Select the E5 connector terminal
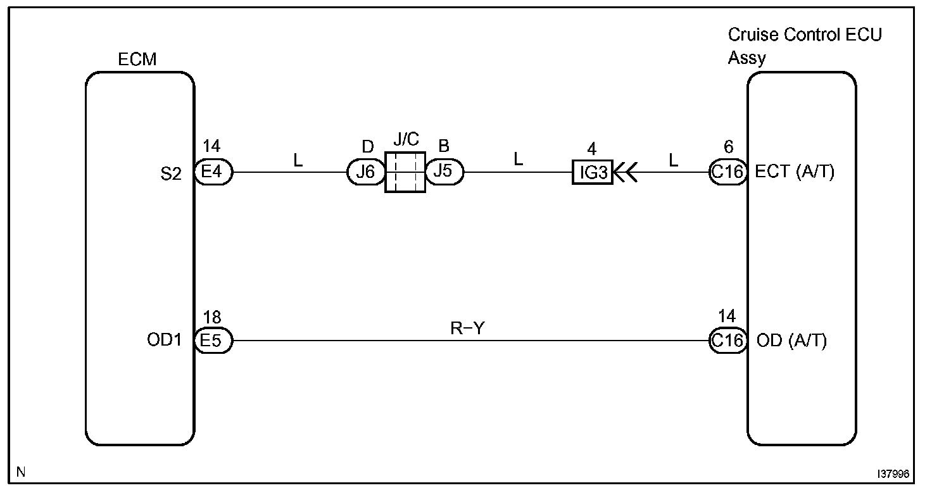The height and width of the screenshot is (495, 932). pyautogui.click(x=214, y=341)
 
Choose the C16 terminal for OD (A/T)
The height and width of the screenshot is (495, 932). pyautogui.click(x=727, y=341)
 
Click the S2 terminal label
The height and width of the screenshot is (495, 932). pyautogui.click(x=171, y=174)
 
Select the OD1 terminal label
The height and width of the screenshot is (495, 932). pyautogui.click(x=163, y=341)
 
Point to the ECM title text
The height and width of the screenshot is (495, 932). pyautogui.click(x=137, y=60)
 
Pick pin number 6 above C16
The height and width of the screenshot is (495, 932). pyautogui.click(x=728, y=148)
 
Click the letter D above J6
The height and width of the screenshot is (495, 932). pyautogui.click(x=367, y=147)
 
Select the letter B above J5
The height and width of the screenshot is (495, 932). pyautogui.click(x=444, y=147)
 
